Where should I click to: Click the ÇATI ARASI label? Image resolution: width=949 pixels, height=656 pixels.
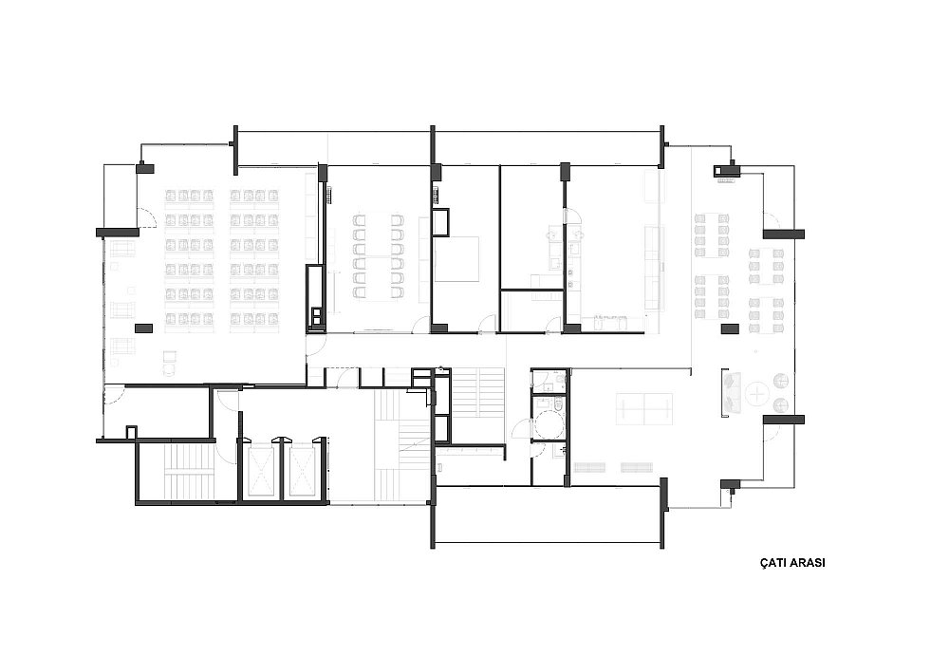coord(792,562)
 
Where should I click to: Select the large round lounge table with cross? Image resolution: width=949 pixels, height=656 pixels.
coord(756,395)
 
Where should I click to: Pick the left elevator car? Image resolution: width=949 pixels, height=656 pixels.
coord(262,469)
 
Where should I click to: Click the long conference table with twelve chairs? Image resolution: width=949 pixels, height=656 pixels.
coord(379,256)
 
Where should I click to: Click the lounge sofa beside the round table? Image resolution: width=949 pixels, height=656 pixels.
coord(730,393)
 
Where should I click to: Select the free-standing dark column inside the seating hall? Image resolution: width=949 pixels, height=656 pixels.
coord(143,328)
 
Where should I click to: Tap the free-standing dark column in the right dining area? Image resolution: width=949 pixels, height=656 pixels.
coord(730,328)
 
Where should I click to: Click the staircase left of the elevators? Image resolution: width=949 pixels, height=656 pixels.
coord(186,473)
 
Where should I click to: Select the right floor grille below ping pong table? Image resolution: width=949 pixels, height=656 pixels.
coord(637,467)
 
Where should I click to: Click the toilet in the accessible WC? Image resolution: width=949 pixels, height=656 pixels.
coord(557,403)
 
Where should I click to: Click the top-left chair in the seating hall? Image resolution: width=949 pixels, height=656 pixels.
coord(171,195)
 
